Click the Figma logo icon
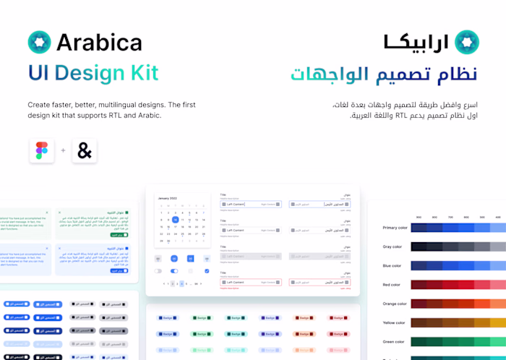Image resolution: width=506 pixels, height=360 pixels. point(40,151)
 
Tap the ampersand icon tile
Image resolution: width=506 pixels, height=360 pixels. point(85,151)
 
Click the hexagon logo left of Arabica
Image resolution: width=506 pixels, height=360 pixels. point(40,42)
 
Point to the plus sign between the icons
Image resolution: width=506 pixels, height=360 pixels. point(63,151)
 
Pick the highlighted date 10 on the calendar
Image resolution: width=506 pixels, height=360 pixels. point(175,220)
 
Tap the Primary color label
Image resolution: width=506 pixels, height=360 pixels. point(395,228)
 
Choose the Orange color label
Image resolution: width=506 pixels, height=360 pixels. point(395,304)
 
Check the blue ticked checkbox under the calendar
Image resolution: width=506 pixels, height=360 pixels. point(207,271)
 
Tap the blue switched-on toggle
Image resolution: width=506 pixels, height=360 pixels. point(174,271)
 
